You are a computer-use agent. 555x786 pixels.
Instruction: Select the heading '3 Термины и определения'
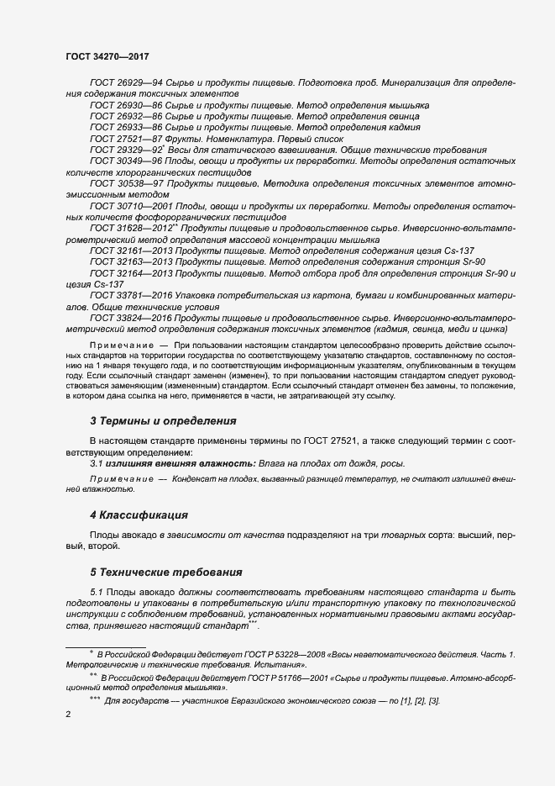(x=163, y=420)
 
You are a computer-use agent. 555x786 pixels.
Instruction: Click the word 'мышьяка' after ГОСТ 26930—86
(x=407, y=106)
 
